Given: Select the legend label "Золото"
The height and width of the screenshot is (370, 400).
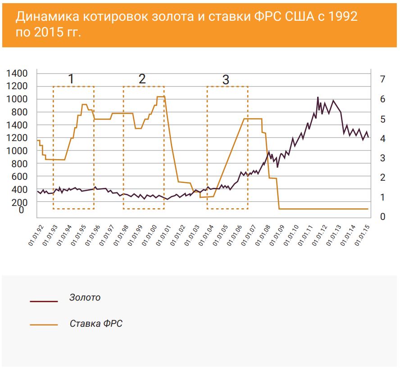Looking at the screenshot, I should tap(85, 297).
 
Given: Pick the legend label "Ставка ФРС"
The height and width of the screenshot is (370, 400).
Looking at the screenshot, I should tap(96, 324).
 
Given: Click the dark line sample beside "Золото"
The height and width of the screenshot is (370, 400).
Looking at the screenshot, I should tap(44, 301).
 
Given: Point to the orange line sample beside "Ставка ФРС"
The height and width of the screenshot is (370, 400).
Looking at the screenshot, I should tap(44, 324).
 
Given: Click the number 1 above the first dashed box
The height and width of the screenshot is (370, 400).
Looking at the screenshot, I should tap(71, 79).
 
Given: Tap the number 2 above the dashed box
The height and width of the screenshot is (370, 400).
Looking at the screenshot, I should tap(142, 79).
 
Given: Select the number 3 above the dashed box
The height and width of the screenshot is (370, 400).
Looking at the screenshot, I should tap(226, 80).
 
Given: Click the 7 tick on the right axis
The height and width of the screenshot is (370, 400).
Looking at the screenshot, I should tap(383, 79).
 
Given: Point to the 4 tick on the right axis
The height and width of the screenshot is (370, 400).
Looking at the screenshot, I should tap(383, 138).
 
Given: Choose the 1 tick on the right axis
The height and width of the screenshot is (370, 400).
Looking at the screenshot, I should tap(383, 197).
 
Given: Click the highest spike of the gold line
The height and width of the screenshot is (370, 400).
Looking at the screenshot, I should tap(318, 97).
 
